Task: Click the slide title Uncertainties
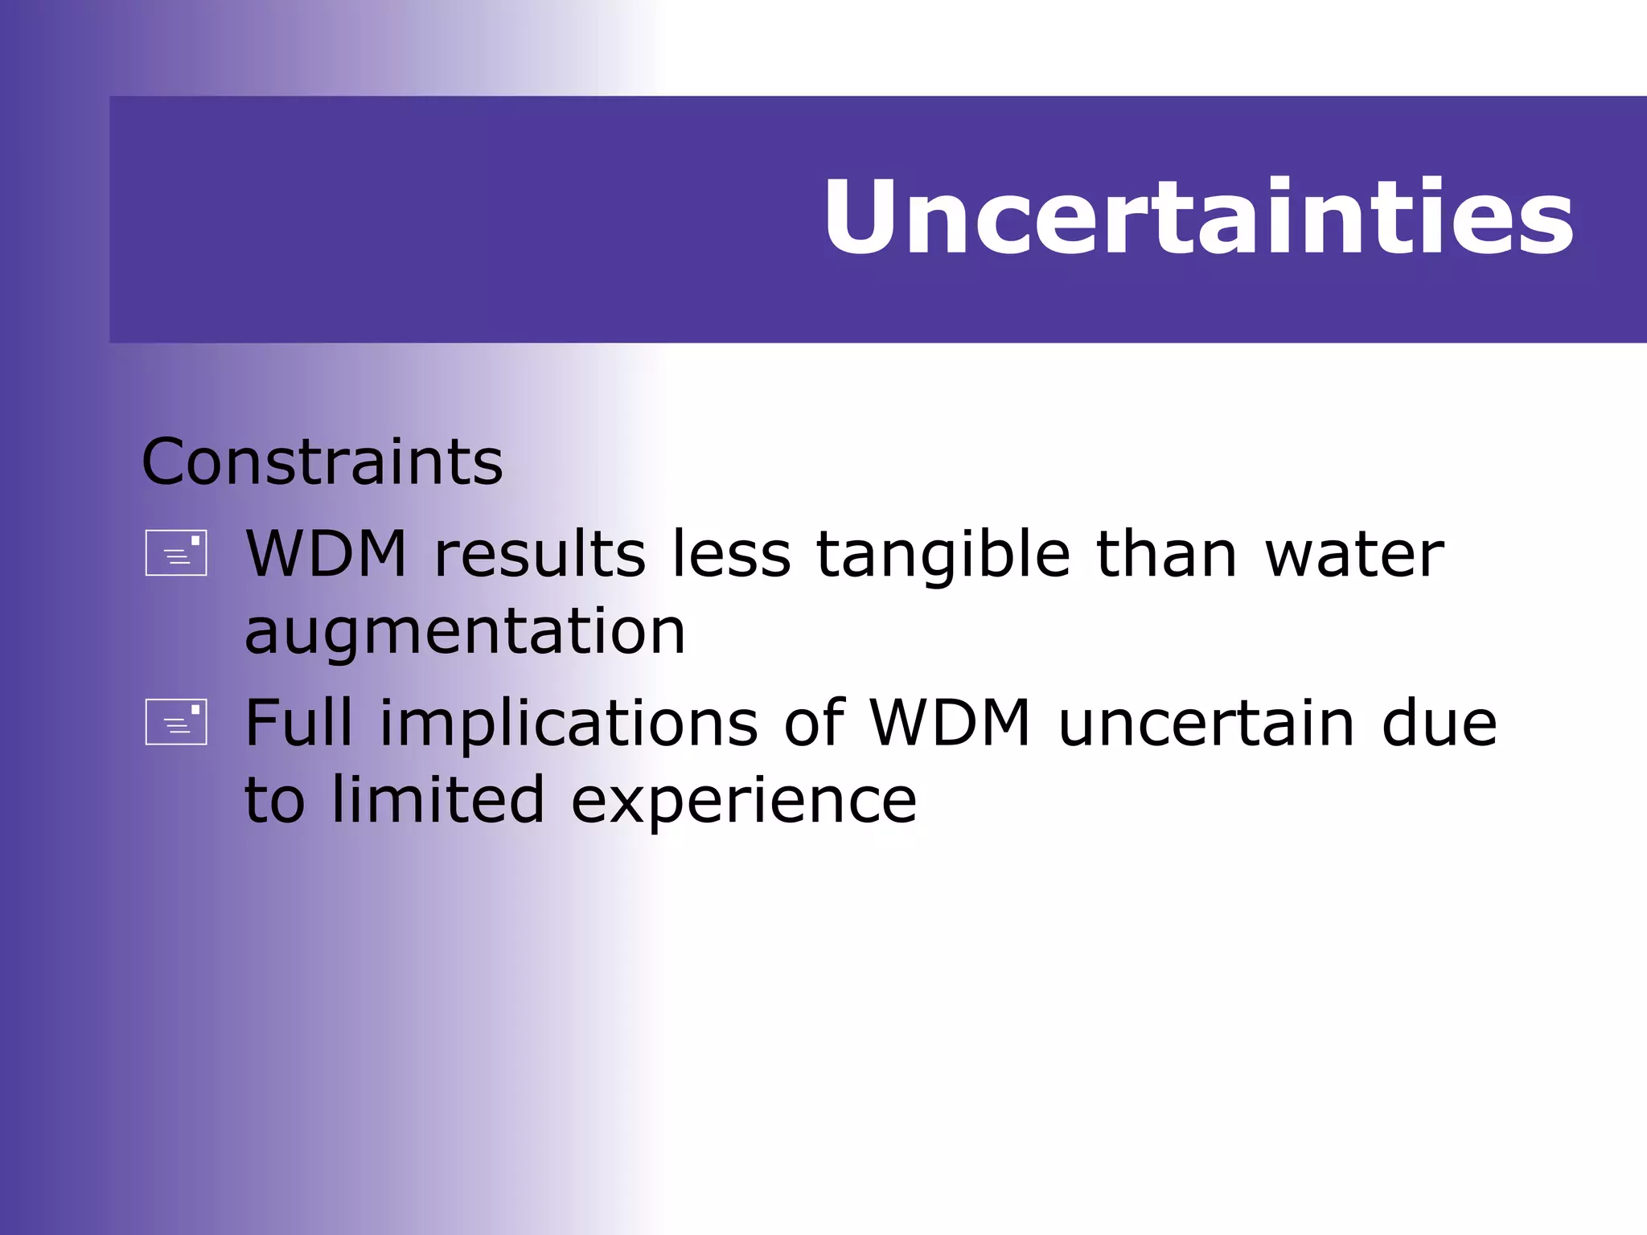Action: coord(1197,217)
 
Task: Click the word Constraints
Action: coord(322,462)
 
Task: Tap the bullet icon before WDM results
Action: coord(176,553)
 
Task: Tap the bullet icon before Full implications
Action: coord(176,722)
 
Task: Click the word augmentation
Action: coord(465,632)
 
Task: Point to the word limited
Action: coord(438,799)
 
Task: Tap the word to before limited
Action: coord(274,799)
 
